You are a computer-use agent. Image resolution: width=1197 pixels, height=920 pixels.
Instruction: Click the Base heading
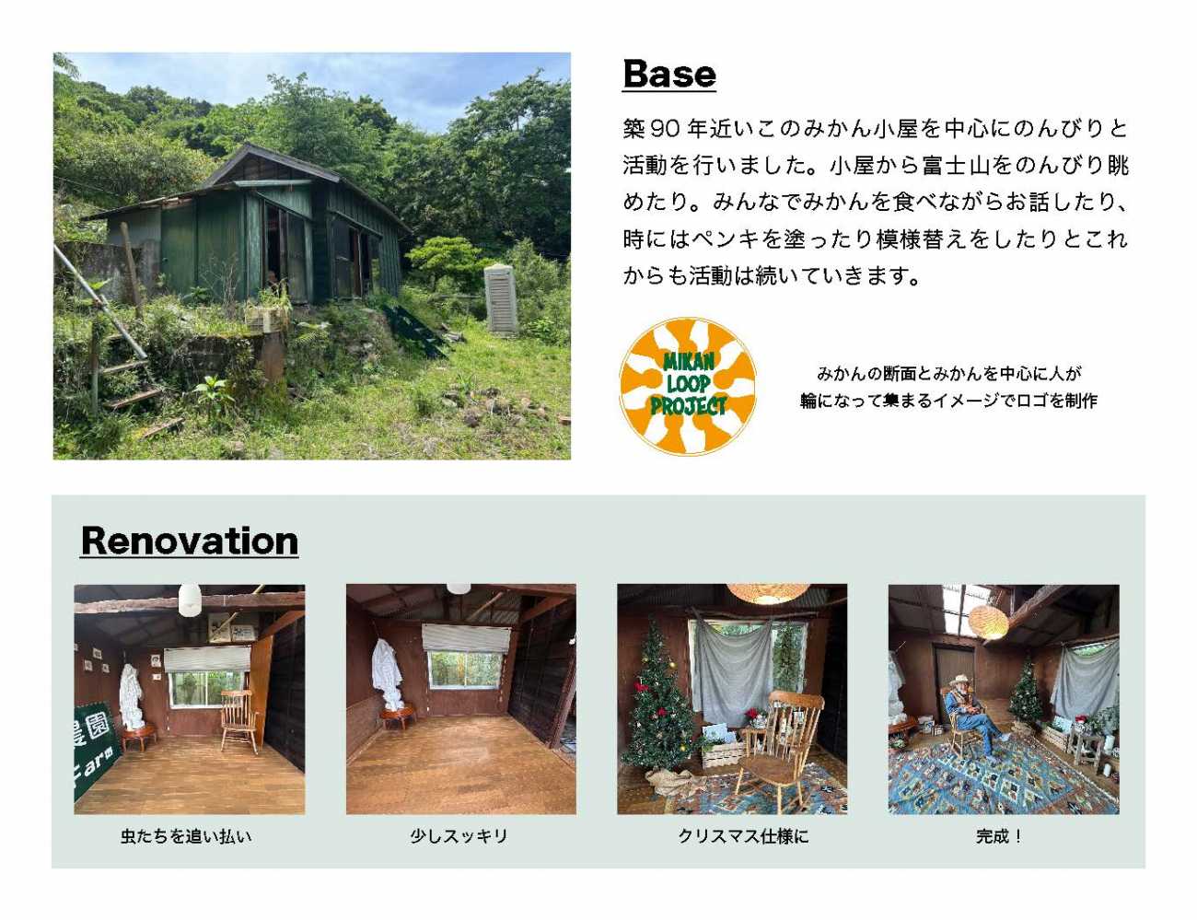click(668, 74)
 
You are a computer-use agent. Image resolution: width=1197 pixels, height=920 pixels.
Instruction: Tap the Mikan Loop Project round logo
click(688, 386)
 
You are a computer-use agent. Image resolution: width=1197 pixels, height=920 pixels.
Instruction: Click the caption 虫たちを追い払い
click(186, 837)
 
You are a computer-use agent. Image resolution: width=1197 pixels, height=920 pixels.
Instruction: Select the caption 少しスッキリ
click(459, 837)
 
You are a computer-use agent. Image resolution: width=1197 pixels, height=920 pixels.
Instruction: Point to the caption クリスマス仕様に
click(743, 837)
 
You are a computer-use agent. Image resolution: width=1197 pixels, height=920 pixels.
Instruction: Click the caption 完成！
click(999, 837)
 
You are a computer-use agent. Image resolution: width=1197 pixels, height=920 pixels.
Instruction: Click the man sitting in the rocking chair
click(973, 715)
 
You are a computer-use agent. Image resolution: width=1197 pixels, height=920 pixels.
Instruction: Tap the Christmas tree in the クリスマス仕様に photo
click(659, 696)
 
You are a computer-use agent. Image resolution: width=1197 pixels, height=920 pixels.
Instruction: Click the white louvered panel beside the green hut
click(501, 300)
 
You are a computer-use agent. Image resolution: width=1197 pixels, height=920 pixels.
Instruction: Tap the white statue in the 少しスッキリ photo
click(389, 675)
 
